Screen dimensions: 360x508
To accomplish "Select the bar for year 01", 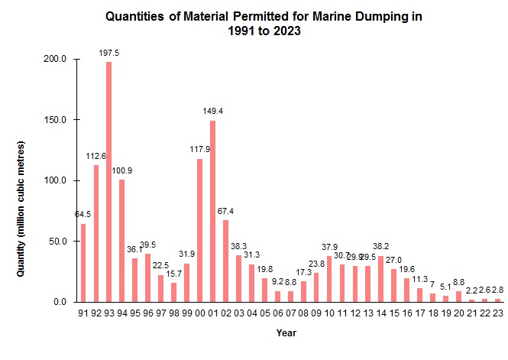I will point(212,211).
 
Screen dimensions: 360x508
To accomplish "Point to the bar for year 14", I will point(381,278).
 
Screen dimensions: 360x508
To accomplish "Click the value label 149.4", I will point(212,111).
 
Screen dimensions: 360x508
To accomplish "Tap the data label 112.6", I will point(96,156).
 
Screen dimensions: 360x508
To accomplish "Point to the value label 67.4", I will point(226,211).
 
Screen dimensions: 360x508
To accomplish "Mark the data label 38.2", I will point(381,246).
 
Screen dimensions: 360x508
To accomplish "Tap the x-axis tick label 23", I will point(498,313).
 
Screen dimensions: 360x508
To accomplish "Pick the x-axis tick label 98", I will point(173,313).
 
